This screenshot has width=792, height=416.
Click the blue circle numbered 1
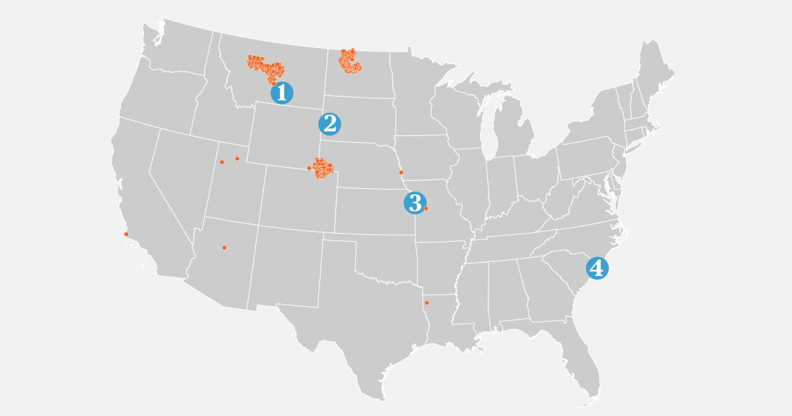click(x=282, y=93)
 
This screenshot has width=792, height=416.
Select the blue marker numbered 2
click(x=329, y=123)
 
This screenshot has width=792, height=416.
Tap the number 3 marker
click(x=414, y=203)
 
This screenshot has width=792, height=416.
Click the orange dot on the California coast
click(x=126, y=234)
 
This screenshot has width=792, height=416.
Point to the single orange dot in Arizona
click(x=224, y=248)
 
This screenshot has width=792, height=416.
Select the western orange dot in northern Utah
click(x=222, y=162)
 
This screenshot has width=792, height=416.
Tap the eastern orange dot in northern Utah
click(x=237, y=158)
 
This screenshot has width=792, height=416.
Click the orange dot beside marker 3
click(x=426, y=209)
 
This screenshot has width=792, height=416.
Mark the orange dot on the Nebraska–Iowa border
click(x=401, y=172)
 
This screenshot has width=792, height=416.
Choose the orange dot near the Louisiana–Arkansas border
click(x=427, y=302)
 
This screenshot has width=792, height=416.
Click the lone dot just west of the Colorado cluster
click(x=309, y=168)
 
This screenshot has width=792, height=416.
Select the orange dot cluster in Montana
click(x=265, y=68)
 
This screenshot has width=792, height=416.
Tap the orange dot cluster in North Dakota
click(x=349, y=61)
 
